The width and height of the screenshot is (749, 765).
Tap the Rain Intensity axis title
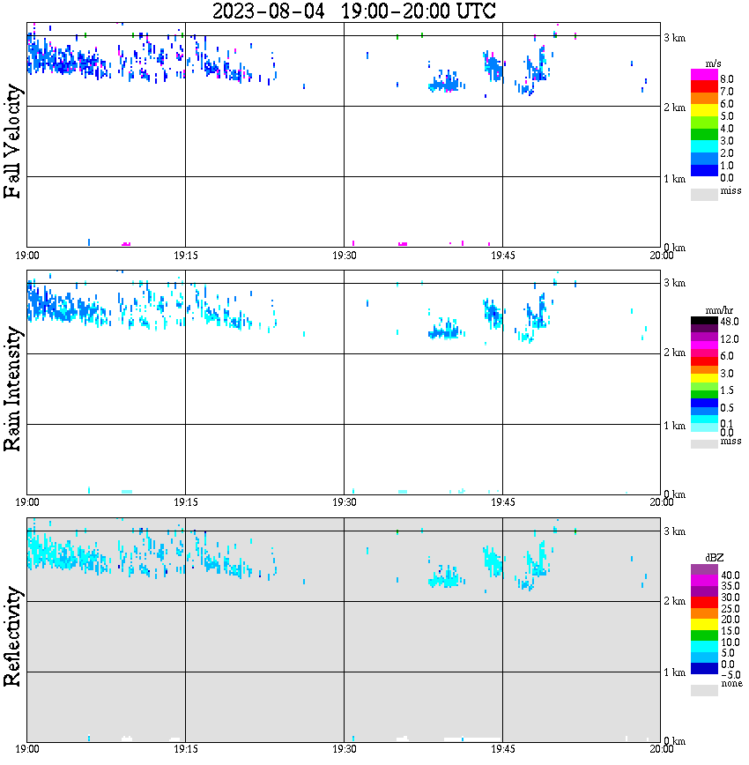[x=13, y=389]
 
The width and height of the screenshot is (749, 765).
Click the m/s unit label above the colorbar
[x=715, y=65]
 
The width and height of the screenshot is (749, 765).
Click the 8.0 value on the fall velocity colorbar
[x=726, y=78]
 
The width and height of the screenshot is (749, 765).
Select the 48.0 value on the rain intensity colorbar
[x=728, y=323]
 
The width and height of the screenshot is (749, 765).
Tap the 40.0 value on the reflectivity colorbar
[x=730, y=575]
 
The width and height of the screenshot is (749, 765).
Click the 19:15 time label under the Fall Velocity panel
[x=185, y=256]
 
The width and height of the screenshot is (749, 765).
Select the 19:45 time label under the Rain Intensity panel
[x=502, y=502]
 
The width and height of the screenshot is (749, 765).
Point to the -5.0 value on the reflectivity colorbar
[x=730, y=674]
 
